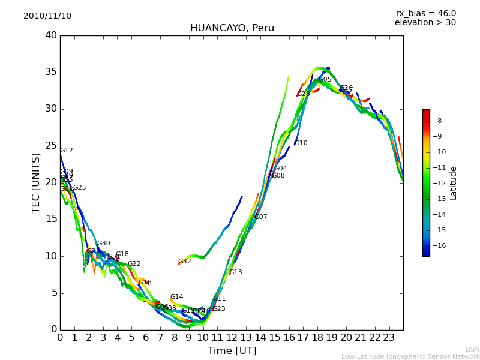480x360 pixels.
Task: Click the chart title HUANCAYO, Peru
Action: click(232, 28)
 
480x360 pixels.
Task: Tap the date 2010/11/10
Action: click(47, 16)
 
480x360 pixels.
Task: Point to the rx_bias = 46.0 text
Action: click(425, 14)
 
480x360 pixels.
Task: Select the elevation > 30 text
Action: click(425, 23)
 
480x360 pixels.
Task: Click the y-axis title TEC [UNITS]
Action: click(36, 182)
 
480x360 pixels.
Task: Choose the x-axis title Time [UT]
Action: click(232, 351)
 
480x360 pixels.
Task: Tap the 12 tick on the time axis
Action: click(232, 338)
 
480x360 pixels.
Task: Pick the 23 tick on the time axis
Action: click(389, 338)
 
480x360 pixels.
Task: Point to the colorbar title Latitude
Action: click(454, 183)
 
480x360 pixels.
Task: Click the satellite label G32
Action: click(185, 262)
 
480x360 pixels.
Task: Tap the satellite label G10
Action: click(301, 143)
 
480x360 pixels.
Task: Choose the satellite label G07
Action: click(261, 217)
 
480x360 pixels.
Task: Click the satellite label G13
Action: click(236, 272)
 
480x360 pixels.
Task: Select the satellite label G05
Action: click(325, 80)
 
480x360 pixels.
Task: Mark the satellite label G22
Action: click(134, 264)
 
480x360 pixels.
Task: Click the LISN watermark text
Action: click(473, 349)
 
